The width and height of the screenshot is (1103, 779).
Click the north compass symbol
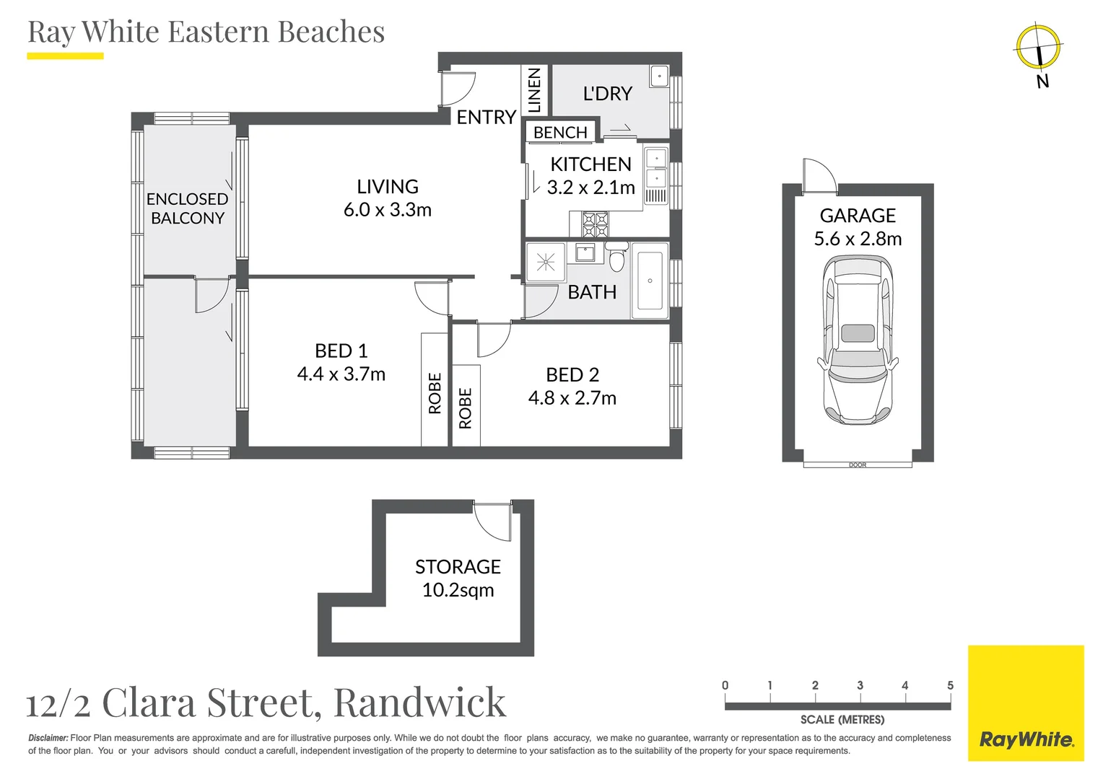click(x=1038, y=48)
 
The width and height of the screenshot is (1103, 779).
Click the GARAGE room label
click(x=858, y=216)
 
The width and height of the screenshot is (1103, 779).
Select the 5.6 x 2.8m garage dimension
click(x=858, y=239)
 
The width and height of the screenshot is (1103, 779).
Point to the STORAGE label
click(x=458, y=567)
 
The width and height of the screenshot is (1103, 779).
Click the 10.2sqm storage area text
click(x=458, y=590)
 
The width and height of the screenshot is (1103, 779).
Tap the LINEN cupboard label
click(x=534, y=90)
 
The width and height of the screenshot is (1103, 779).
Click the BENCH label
click(x=560, y=133)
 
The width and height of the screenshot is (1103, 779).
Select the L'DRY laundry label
click(x=607, y=94)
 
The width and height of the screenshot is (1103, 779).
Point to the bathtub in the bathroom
click(x=650, y=281)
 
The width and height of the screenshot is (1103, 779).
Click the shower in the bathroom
click(x=546, y=261)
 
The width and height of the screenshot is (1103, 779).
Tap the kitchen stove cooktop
click(x=596, y=224)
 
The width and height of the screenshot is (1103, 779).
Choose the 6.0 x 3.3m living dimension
click(x=388, y=210)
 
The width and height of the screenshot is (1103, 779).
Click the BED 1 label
click(x=341, y=351)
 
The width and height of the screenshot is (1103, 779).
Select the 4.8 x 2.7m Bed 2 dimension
click(x=572, y=398)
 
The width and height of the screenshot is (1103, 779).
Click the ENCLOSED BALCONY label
click(x=187, y=208)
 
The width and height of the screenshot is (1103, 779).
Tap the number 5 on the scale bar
click(x=950, y=685)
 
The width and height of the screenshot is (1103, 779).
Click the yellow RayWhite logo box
click(x=1025, y=703)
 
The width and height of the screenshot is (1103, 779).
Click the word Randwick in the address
click(x=419, y=703)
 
